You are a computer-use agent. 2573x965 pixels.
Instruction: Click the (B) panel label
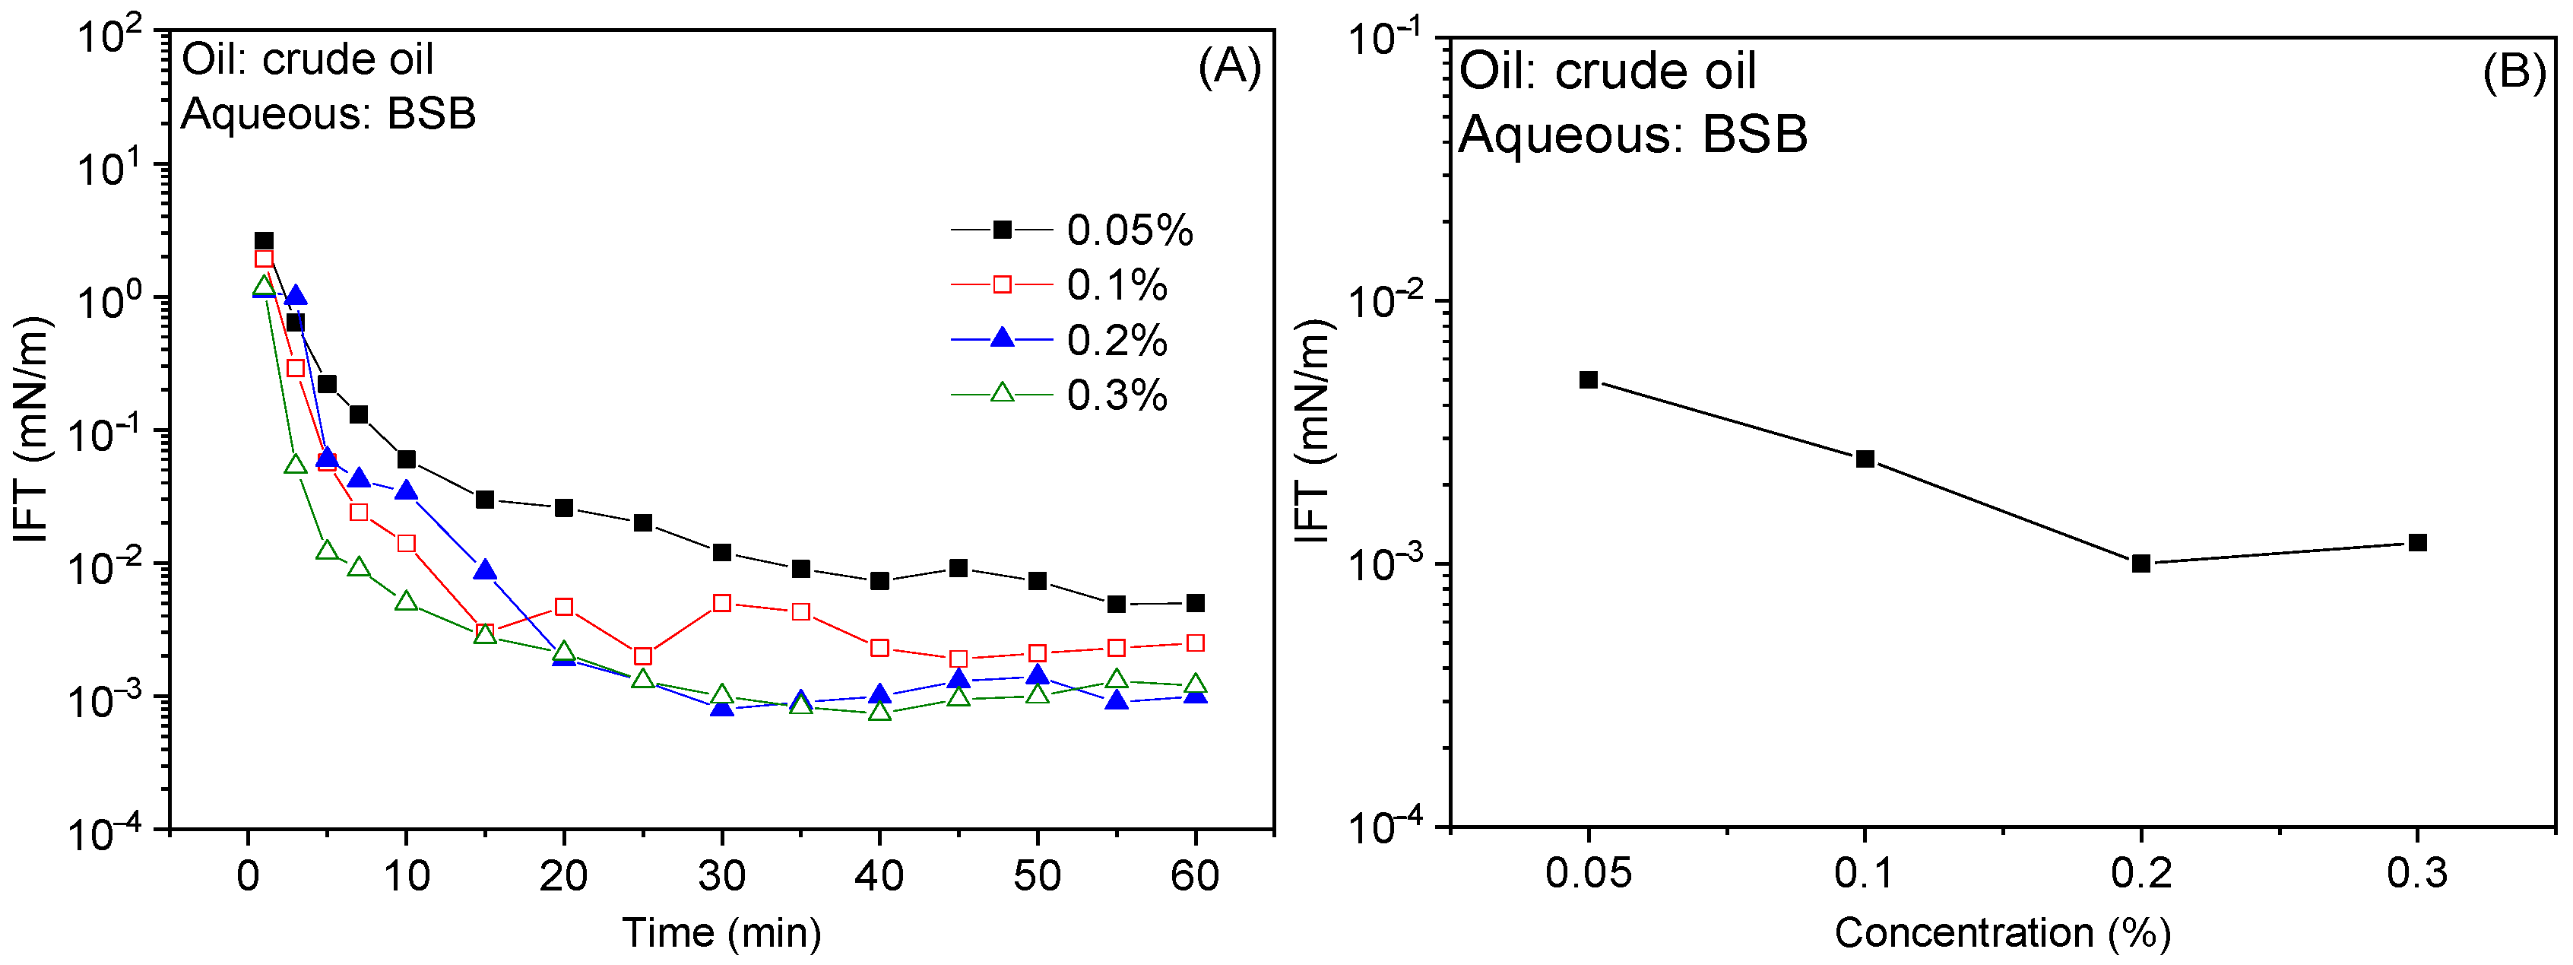[2513, 72]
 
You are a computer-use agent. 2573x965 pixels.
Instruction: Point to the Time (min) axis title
[721, 932]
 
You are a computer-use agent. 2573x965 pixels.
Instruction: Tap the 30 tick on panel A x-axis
[721, 876]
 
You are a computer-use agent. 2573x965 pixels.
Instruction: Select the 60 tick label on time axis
[1195, 876]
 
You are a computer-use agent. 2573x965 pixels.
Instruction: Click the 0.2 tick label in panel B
[2140, 873]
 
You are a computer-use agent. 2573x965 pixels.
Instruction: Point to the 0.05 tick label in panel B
[1588, 873]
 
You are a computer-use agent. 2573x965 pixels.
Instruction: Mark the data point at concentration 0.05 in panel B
[1588, 379]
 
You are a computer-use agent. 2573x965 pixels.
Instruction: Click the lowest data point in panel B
[2140, 563]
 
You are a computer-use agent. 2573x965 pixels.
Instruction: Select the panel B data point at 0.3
[2417, 542]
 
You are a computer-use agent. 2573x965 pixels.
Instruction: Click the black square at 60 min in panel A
[1195, 603]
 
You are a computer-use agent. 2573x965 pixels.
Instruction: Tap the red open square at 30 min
[721, 603]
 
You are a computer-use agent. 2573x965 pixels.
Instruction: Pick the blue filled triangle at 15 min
[484, 570]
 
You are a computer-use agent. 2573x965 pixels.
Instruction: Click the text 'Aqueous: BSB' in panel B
[1632, 134]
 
